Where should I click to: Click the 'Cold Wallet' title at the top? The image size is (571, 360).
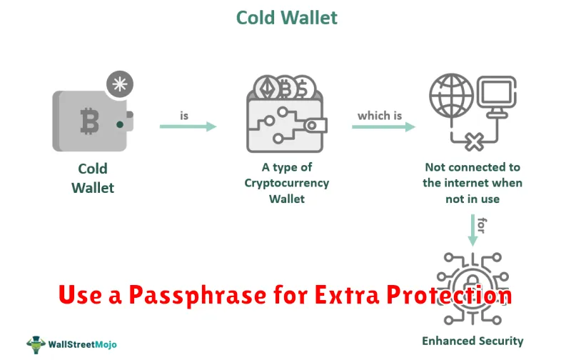pos(287,17)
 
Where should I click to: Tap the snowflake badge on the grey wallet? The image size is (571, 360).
pos(120,84)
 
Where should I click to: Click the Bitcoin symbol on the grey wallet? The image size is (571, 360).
pos(90,121)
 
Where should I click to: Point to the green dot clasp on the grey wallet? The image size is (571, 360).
pos(120,124)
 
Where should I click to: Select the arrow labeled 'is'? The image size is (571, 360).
pos(188,126)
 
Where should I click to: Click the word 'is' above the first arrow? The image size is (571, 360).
pos(184,116)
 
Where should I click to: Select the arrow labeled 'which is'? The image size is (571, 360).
pos(383,126)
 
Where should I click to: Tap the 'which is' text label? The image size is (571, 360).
pos(380,116)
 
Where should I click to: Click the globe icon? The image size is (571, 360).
pos(451,96)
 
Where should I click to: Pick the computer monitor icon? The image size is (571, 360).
pos(497,96)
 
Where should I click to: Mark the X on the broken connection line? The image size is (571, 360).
pos(474,141)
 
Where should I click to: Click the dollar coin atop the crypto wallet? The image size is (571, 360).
pos(305,87)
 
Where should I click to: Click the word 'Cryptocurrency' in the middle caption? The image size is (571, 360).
pos(287,183)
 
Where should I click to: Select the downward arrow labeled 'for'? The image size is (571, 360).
pos(473,230)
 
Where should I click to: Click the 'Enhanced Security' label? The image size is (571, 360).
pos(473,341)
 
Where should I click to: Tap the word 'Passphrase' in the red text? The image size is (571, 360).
pos(198,295)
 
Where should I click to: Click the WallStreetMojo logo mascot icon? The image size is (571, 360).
pos(36,344)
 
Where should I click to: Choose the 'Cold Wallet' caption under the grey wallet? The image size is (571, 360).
pos(93,178)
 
